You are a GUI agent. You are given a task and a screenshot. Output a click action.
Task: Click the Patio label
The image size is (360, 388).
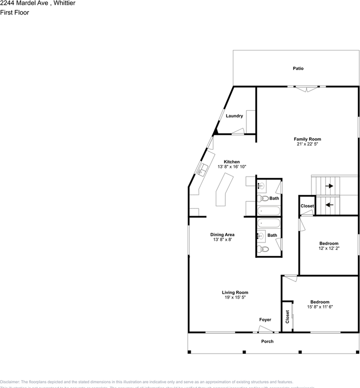298,69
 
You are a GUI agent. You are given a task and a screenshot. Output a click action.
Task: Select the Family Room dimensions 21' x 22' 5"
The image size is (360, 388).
307,144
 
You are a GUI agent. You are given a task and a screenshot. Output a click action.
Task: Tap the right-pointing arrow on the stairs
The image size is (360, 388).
329,186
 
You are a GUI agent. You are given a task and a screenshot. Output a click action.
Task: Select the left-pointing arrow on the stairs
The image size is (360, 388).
329,205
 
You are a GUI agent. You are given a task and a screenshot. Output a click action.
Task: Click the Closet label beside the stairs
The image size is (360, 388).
307,206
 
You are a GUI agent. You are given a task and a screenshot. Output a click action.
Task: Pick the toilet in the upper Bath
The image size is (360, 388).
265,198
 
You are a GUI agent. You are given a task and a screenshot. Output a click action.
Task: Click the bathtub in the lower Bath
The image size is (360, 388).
269,223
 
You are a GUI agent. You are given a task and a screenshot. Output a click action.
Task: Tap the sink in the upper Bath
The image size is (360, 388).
262,186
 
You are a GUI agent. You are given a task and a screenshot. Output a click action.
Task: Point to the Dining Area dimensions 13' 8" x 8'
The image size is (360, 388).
222,240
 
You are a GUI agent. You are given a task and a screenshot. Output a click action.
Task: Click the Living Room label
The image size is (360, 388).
235,293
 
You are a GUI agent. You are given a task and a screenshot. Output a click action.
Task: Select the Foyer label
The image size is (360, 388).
265,320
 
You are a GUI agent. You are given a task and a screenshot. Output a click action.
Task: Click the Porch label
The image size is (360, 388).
267,342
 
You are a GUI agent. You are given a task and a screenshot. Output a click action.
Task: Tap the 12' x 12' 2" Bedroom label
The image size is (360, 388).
328,243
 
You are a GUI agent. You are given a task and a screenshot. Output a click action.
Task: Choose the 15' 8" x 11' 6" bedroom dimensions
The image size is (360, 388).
320,307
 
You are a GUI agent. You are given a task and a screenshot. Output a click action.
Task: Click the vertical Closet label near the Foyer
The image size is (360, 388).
288,317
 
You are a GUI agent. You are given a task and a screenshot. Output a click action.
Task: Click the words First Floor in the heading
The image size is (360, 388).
15,13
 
